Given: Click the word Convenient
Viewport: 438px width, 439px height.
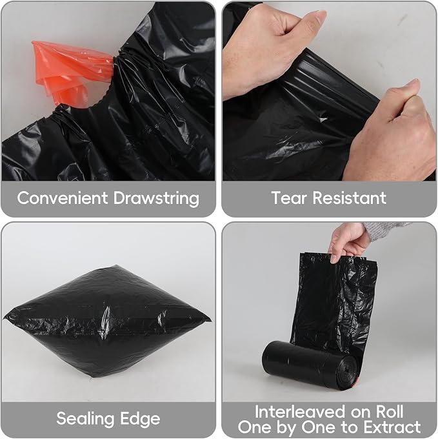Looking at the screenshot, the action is point(63,198).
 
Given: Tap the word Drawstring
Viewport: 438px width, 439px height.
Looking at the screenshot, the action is point(156,198).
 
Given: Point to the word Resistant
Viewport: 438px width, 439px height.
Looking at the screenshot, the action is point(350,198).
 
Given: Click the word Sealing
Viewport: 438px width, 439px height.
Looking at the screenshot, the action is point(85,419).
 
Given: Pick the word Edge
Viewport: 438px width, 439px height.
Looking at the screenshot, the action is point(140,419).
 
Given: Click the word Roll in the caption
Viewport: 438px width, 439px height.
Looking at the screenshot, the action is point(390,412).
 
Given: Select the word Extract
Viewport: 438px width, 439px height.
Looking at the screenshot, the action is point(392,427).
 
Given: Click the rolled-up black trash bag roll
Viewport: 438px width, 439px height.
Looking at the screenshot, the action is point(310,365).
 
